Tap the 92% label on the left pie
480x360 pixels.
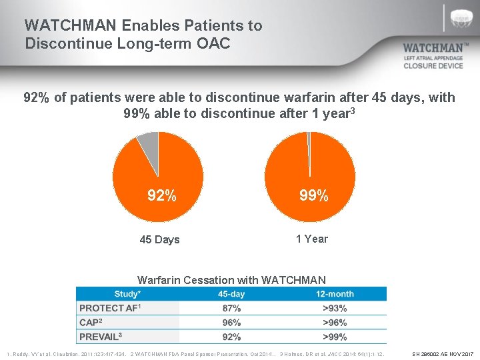[162, 196]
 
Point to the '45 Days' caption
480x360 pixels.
[159, 239]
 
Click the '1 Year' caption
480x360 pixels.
[312, 239]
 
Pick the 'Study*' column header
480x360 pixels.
[127, 294]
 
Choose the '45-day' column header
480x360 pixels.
[231, 294]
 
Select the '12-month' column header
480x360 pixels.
[335, 294]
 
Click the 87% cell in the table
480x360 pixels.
[231, 308]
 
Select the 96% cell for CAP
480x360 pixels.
[231, 323]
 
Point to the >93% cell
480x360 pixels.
[335, 308]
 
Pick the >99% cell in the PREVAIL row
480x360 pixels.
[335, 337]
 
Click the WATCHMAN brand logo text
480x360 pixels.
[432, 48]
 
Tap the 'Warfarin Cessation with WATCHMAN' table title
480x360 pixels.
[231, 280]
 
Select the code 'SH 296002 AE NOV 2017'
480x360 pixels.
[443, 353]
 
